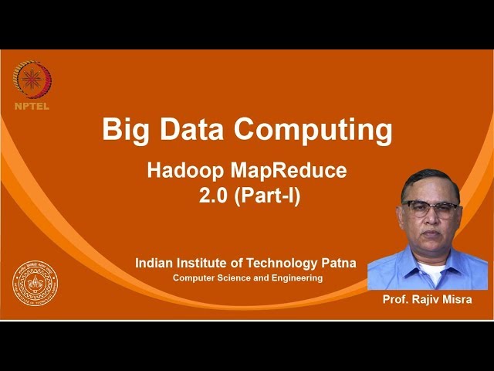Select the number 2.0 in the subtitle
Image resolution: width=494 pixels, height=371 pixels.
213,196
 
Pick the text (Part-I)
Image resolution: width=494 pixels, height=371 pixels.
268,196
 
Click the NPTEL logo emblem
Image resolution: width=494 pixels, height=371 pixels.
32,80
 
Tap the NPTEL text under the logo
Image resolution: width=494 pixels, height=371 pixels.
32,106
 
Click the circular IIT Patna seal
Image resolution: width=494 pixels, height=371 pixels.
35,284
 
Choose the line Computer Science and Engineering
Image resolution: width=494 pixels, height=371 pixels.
247,277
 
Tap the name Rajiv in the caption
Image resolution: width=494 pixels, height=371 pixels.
429,299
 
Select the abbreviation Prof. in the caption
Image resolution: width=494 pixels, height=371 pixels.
397,299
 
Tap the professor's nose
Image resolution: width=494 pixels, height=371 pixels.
431,219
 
